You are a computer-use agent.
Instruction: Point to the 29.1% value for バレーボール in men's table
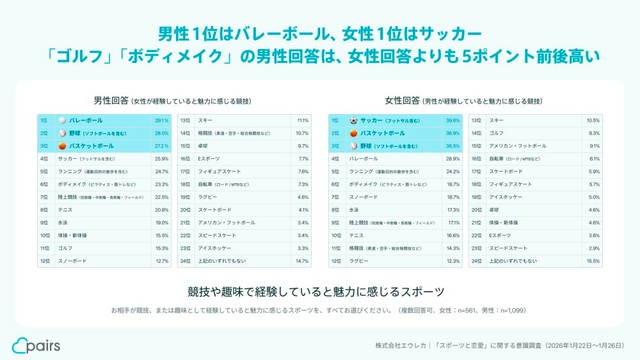(162, 120)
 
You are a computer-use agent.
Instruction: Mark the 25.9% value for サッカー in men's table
(162, 158)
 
